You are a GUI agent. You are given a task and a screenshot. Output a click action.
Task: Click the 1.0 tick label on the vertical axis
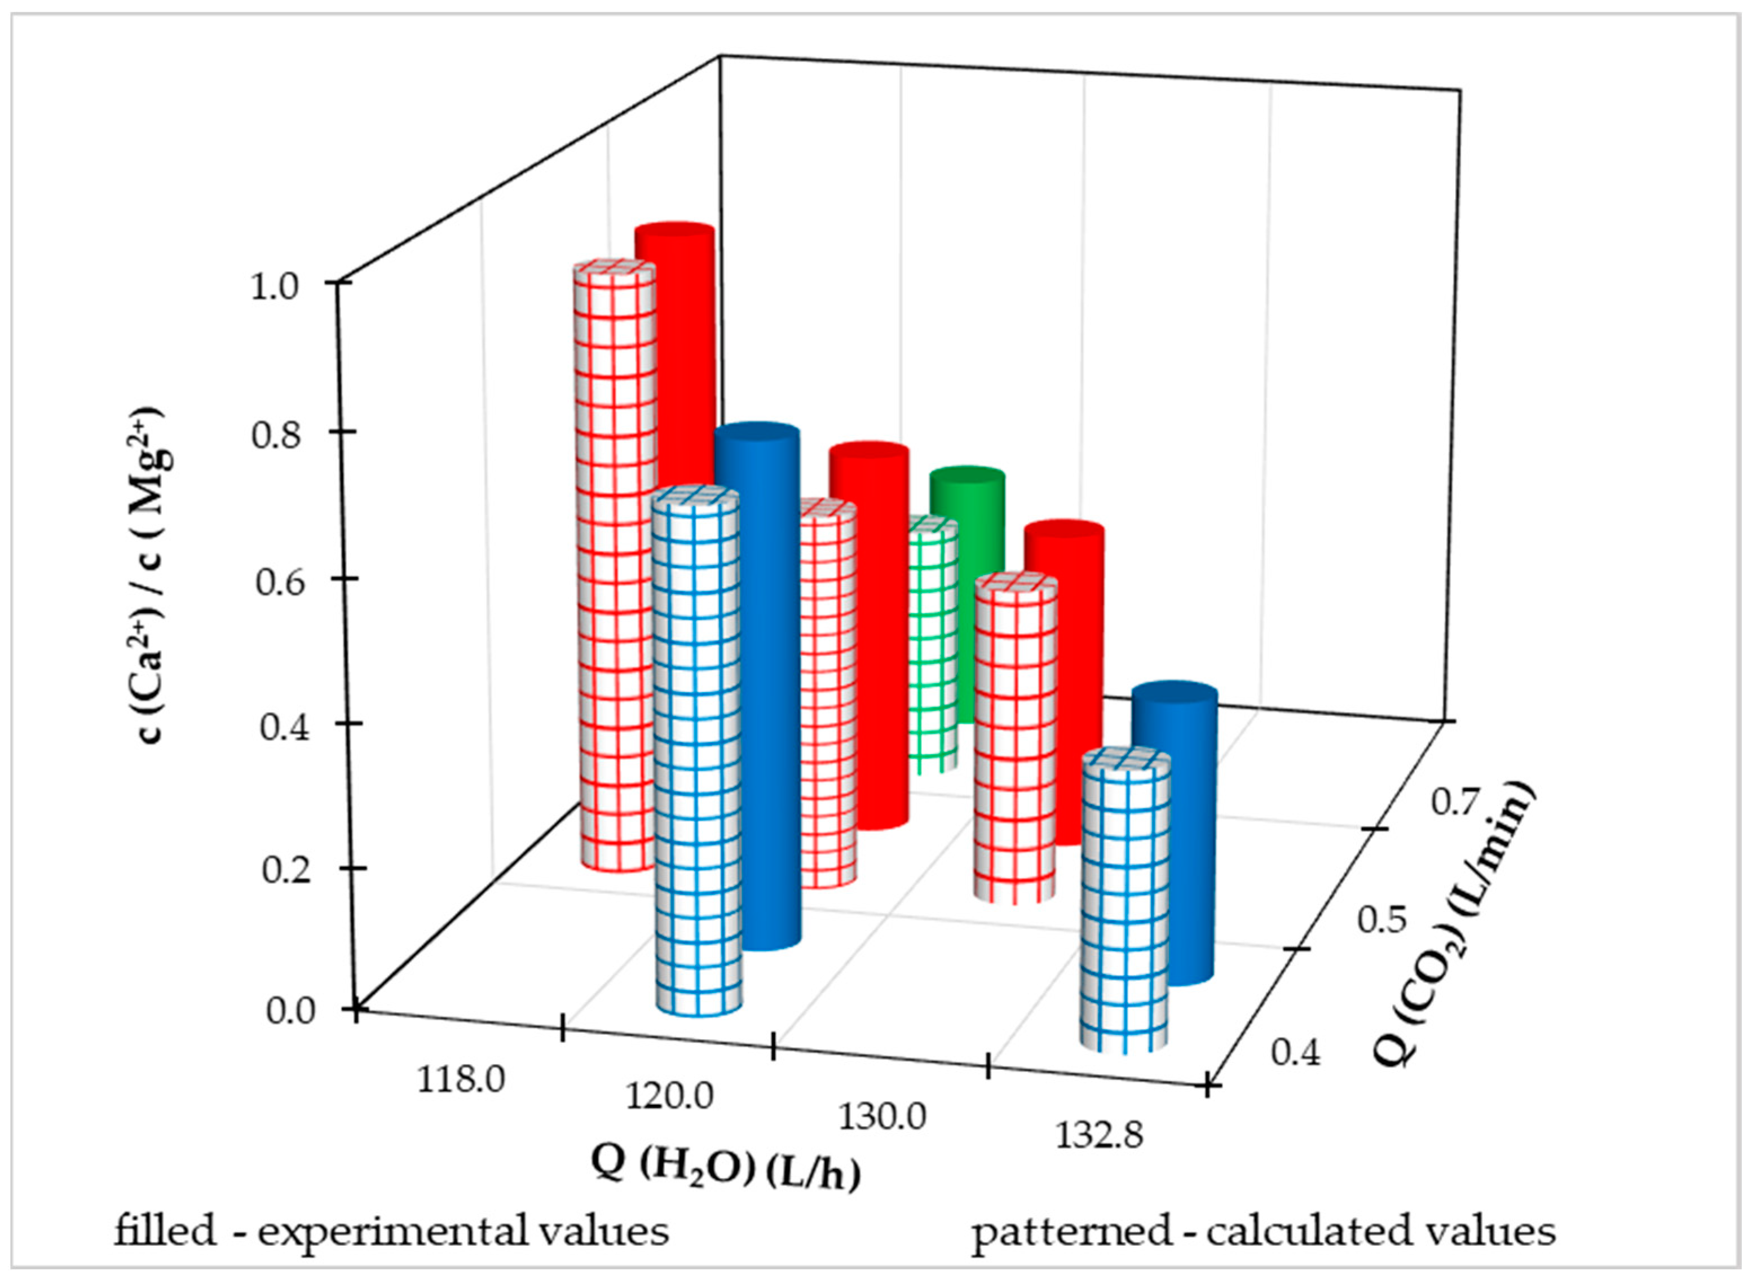point(273,287)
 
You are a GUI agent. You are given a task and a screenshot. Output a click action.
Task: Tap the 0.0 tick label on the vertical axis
point(289,1011)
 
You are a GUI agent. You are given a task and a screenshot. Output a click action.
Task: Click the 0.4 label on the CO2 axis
point(1295,1053)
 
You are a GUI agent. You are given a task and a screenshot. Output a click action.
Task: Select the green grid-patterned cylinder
point(932,645)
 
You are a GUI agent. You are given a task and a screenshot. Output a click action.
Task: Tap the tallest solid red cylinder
point(675,350)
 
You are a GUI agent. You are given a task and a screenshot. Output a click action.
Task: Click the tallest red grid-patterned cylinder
point(614,568)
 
